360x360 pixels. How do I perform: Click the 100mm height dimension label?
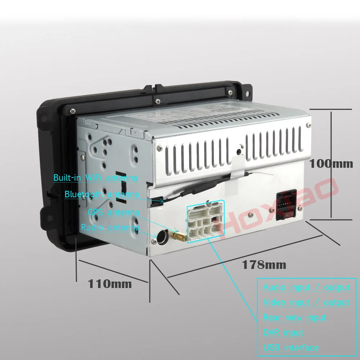[x=331, y=163]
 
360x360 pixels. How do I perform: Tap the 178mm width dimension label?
[x=264, y=265]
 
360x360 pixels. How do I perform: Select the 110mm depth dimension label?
[x=110, y=284]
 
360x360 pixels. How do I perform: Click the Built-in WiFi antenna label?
[x=95, y=177]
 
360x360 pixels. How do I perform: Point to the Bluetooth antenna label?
[x=102, y=194]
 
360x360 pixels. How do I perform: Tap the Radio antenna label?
[x=110, y=228]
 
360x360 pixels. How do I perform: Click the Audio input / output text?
[x=306, y=287]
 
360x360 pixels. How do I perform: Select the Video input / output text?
[x=306, y=302]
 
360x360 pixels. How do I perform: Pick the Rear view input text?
[x=294, y=318]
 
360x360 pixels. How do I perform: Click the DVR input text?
[x=283, y=333]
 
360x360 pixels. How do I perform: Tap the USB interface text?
[x=291, y=348]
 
